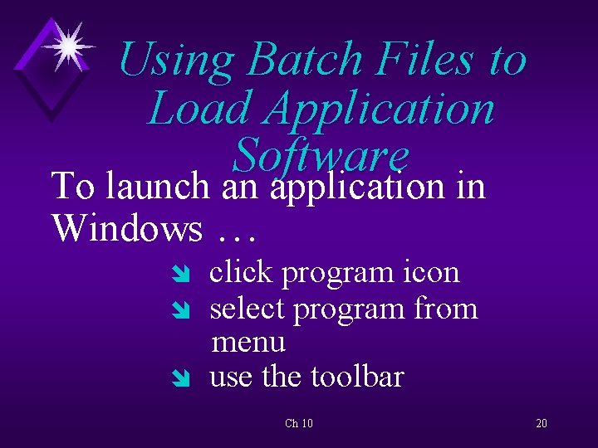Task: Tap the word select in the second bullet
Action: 248,309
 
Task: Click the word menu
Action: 248,342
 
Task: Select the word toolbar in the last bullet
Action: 357,377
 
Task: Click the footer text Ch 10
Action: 299,423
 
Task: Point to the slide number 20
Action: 542,423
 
